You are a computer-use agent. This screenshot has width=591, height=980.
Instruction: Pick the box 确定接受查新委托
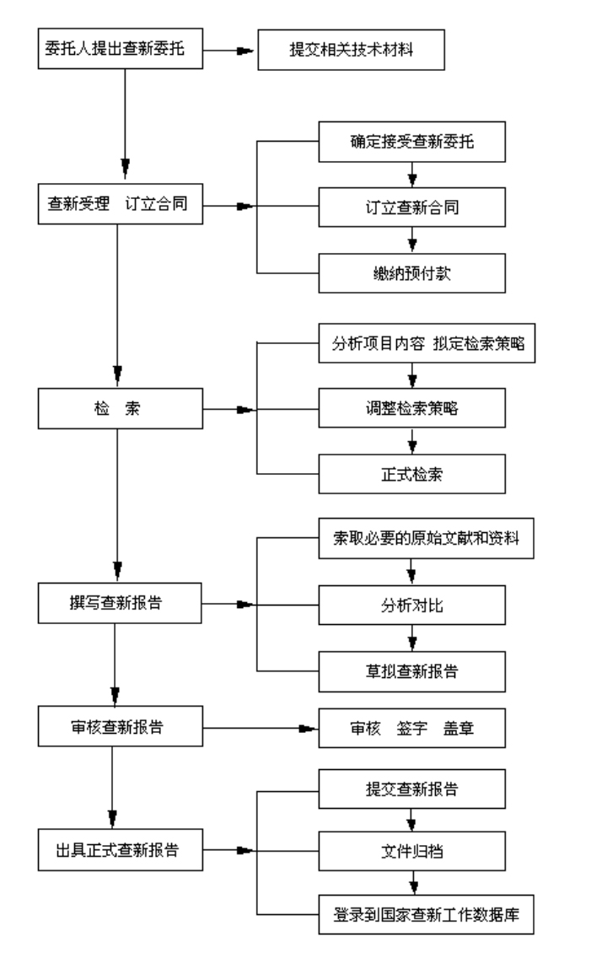pyautogui.click(x=411, y=142)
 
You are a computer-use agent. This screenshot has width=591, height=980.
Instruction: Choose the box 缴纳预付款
pyautogui.click(x=411, y=272)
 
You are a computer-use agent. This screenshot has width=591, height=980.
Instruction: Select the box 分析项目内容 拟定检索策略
pyautogui.click(x=427, y=345)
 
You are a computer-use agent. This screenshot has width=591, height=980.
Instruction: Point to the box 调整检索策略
pyautogui.click(x=411, y=410)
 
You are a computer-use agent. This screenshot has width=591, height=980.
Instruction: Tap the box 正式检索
pyautogui.click(x=411, y=475)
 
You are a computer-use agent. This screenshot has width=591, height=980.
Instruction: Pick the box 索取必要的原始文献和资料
pyautogui.click(x=427, y=540)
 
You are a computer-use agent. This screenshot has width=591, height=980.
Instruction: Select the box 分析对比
pyautogui.click(x=411, y=605)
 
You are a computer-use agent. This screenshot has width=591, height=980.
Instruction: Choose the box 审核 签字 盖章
pyautogui.click(x=411, y=726)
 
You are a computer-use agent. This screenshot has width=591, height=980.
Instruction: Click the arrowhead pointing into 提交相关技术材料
pyautogui.click(x=245, y=51)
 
